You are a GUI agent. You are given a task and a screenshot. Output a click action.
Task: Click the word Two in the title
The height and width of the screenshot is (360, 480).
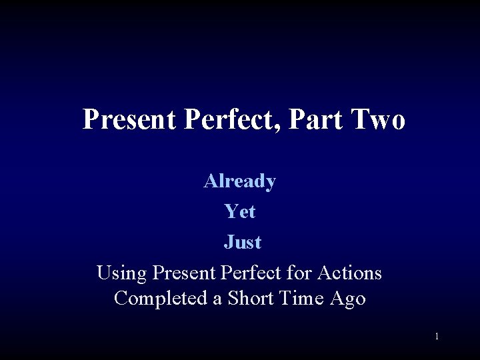[379, 120]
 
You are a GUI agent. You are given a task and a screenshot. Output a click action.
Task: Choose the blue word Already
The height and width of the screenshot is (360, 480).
[240, 181]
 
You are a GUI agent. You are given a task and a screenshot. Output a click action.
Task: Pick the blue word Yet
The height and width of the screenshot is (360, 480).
[240, 212]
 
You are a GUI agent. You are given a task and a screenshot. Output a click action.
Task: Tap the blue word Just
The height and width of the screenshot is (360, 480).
[243, 242]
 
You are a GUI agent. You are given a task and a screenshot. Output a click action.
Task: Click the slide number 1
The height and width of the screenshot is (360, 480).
[437, 337]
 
